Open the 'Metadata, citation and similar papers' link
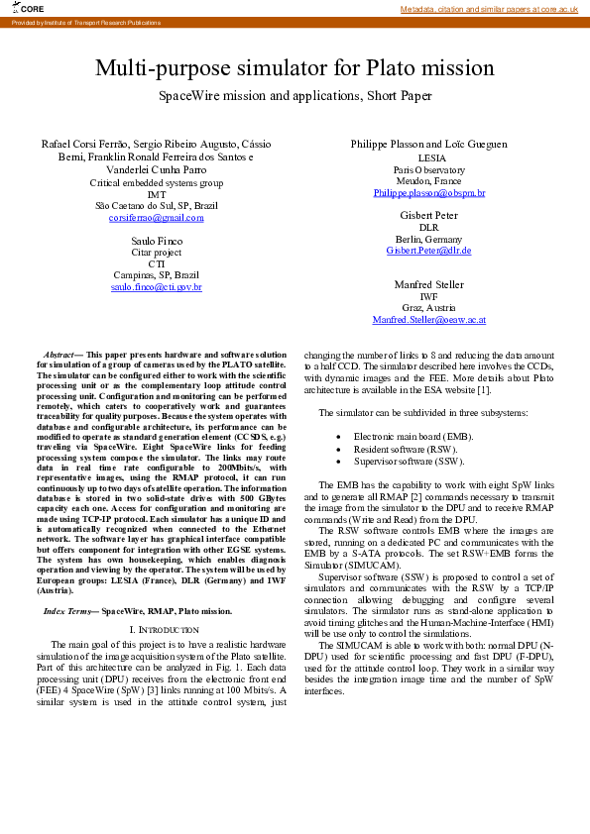(x=489, y=9)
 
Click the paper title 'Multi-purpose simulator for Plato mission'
(x=295, y=68)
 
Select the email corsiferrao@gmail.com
(x=156, y=217)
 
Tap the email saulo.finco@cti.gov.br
(x=156, y=286)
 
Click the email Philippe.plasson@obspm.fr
(x=428, y=193)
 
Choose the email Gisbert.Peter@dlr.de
(x=428, y=251)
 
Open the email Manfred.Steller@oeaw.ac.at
(x=428, y=320)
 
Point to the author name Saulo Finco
(x=156, y=241)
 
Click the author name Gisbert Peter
(x=428, y=215)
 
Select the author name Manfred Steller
(x=428, y=284)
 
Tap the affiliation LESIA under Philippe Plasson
(x=428, y=158)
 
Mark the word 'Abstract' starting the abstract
(x=63, y=355)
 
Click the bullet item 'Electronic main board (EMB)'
(x=413, y=436)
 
